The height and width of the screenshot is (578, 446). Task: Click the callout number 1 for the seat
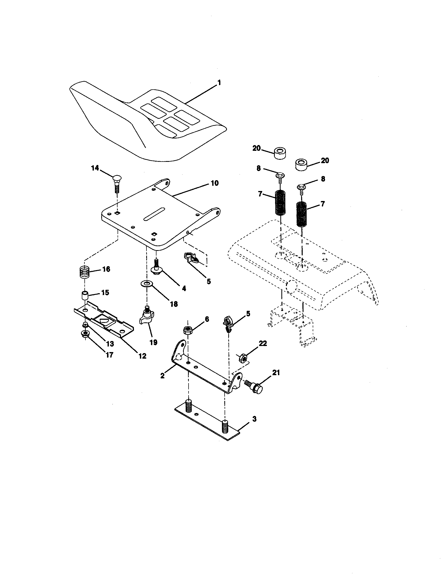click(219, 83)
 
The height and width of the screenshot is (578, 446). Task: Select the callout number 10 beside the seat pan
click(215, 183)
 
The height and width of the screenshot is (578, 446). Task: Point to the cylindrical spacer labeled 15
click(84, 295)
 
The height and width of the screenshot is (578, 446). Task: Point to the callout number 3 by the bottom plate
click(254, 419)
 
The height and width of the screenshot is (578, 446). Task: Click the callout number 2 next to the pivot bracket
click(162, 375)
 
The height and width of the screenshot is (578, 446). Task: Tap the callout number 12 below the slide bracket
click(142, 356)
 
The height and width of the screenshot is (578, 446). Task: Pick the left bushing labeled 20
click(280, 153)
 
